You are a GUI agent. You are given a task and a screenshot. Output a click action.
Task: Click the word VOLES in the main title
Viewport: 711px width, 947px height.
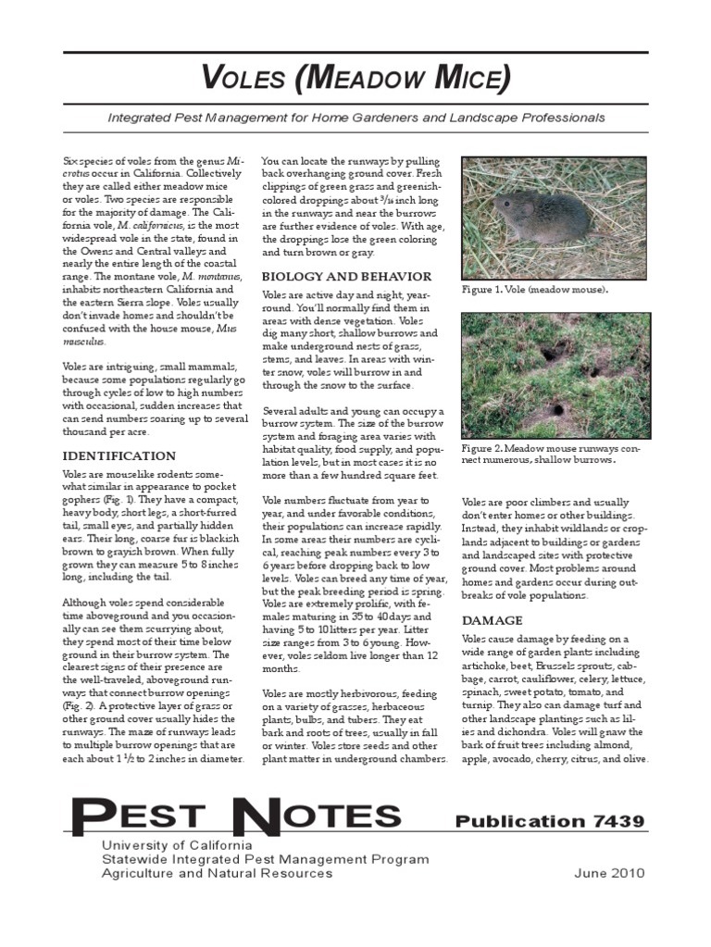point(243,80)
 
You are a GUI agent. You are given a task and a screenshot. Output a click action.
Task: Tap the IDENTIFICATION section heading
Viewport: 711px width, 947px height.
point(118,455)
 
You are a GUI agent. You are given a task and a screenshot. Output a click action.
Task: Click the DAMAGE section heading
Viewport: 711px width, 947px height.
point(493,619)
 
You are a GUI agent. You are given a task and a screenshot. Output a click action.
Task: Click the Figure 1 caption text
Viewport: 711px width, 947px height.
point(536,290)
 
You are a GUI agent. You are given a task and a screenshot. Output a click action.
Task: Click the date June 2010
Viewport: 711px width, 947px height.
point(609,873)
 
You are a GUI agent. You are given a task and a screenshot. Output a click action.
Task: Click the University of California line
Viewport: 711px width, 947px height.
point(177,845)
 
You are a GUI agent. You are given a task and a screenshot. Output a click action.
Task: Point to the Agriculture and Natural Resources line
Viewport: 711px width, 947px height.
point(217,873)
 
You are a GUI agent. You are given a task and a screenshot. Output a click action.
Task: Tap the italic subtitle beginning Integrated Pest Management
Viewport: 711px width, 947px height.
point(356,118)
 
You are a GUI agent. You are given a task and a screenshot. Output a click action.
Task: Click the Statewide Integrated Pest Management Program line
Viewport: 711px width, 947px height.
point(265,859)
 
